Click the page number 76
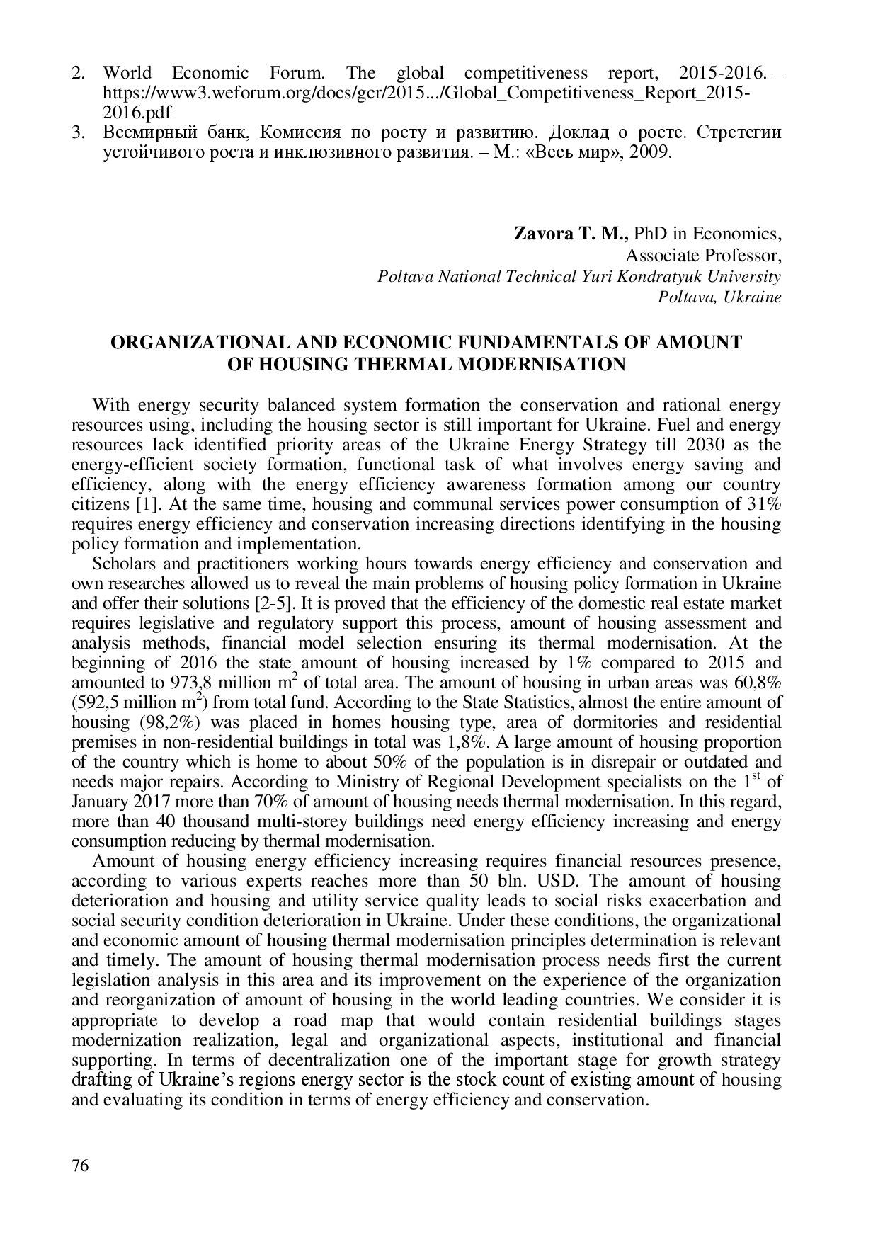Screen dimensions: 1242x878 coord(81,1166)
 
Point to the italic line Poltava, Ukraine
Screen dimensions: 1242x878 coord(719,297)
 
